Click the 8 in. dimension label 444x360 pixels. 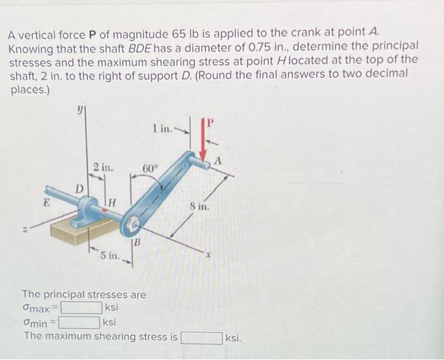200,206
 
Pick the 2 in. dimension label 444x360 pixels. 103,168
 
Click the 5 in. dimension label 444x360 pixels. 109,256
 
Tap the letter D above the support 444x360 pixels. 79,188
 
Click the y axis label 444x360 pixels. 79,110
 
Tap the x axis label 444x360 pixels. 206,259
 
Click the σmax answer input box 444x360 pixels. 81,309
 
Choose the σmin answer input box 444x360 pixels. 79,323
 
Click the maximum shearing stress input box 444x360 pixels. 202,337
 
